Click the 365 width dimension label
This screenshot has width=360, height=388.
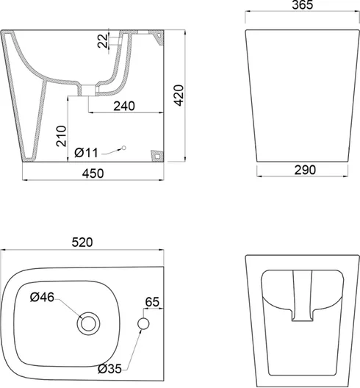tap(303, 4)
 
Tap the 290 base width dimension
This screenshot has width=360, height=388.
tap(305, 170)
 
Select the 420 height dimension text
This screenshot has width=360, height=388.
tap(179, 96)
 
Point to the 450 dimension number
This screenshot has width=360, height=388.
tap(93, 173)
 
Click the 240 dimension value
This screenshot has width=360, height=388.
tap(124, 106)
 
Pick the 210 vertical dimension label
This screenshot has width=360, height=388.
tap(62, 136)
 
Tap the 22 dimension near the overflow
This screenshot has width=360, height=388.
tap(103, 41)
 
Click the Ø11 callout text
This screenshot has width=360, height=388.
tap(87, 153)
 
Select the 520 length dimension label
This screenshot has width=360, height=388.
tap(82, 242)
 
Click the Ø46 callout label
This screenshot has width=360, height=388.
tap(42, 297)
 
